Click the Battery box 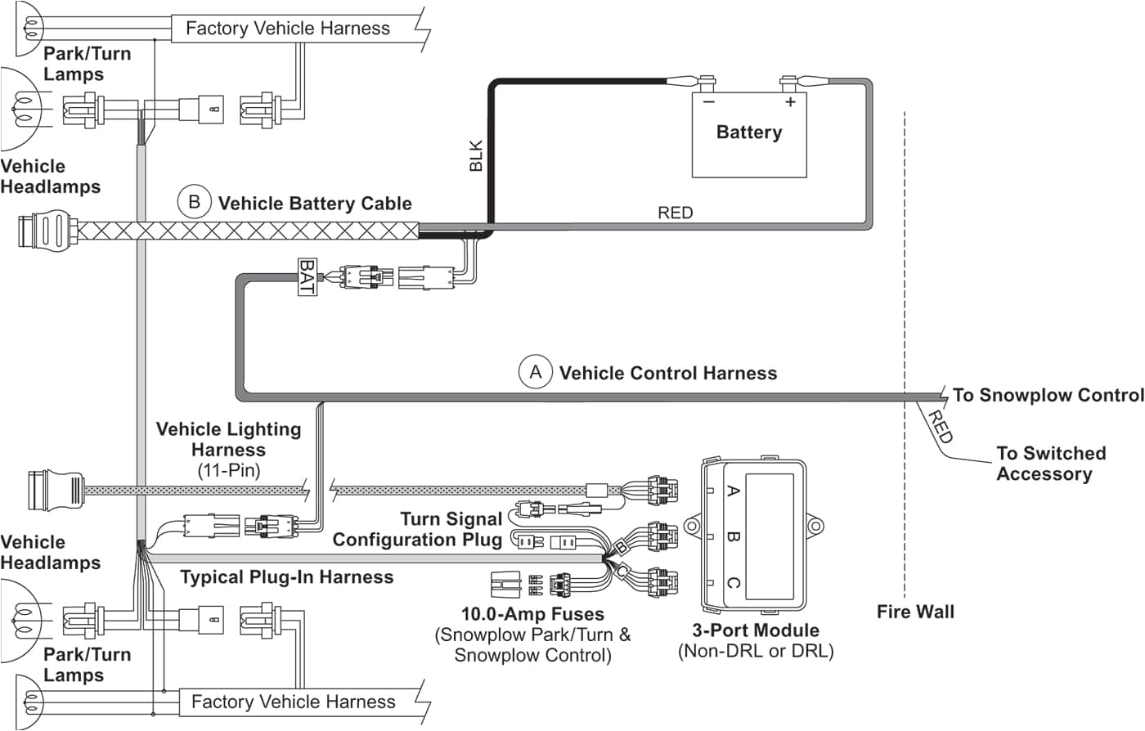[x=749, y=135]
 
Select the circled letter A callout [x=536, y=373]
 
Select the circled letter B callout [x=195, y=202]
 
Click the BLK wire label [x=477, y=156]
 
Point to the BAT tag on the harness [x=307, y=277]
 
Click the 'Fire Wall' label [x=915, y=612]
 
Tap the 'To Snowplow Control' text [x=1048, y=395]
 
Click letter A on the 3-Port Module [x=733, y=491]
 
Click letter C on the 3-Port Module [x=733, y=583]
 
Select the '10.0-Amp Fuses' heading [x=532, y=614]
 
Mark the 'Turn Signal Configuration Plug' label [x=418, y=529]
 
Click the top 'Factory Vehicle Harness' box [x=288, y=29]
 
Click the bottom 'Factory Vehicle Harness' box [x=293, y=702]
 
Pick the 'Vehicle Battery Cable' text [x=315, y=203]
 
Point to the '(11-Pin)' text [x=228, y=470]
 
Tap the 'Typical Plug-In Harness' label [x=286, y=577]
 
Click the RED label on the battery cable [x=675, y=213]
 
